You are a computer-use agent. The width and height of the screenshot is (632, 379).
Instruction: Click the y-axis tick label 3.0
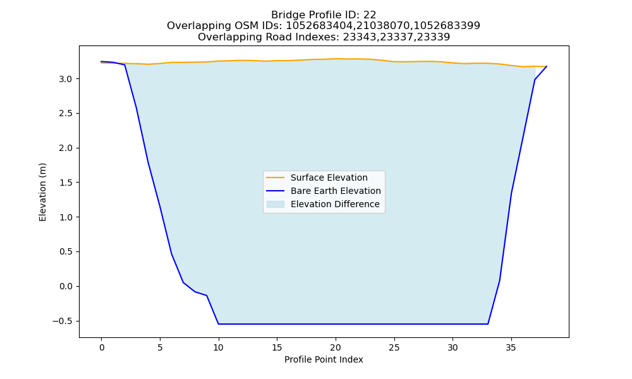coord(65,79)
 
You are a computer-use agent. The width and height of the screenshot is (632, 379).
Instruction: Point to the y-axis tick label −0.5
coord(62,321)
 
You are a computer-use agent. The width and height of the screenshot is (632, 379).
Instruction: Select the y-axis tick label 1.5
coord(65,183)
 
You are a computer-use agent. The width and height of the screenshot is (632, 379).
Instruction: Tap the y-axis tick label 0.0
coord(65,286)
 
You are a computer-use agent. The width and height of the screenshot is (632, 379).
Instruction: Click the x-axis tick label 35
coord(511,347)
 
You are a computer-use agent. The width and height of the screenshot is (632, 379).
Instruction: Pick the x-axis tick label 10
coord(218,347)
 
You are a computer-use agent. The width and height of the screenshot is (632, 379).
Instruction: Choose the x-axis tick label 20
coord(336,347)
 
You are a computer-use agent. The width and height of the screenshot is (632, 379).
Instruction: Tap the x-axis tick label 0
coord(101,347)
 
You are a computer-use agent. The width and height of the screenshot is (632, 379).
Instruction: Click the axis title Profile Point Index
coord(324,359)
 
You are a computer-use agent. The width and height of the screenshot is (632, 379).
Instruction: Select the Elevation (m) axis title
coord(42,192)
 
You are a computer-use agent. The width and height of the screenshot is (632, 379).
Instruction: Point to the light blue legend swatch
coord(276,204)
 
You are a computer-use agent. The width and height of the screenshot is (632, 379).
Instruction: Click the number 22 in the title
coord(370,15)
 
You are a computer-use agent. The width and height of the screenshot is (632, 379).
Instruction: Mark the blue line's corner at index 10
coord(218,324)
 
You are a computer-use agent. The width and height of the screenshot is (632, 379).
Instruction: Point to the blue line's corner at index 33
coord(488,324)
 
